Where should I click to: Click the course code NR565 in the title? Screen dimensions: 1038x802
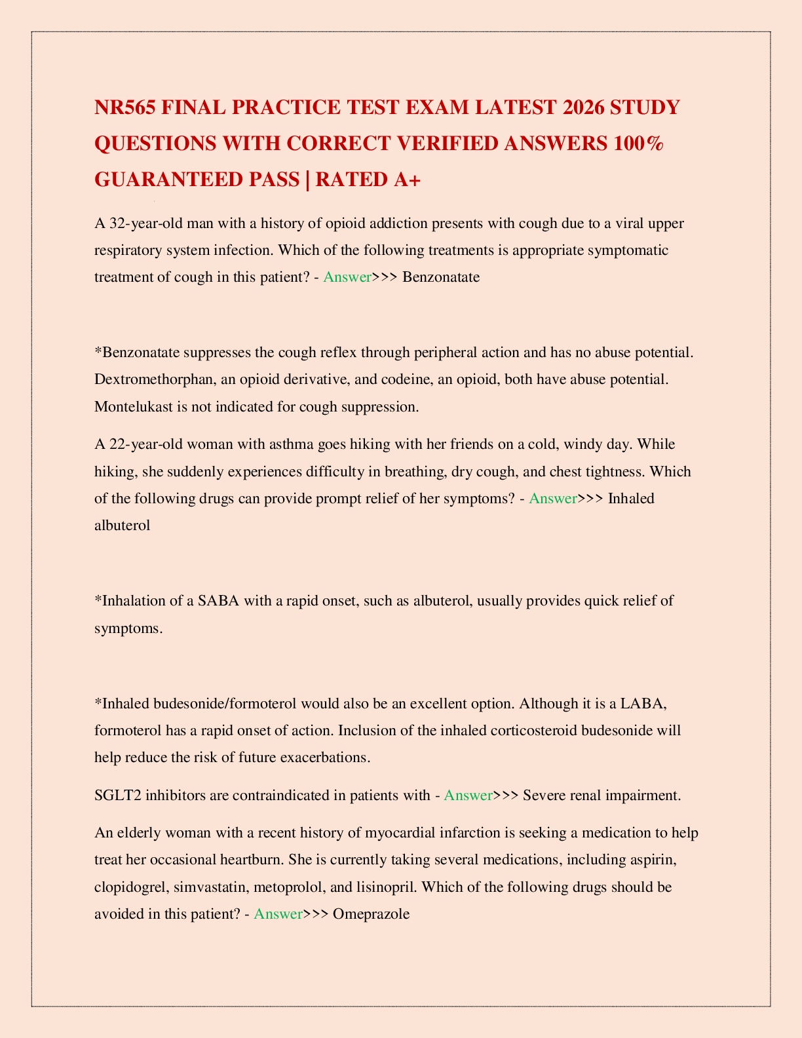(x=124, y=107)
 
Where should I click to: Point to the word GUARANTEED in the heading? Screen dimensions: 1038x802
(x=197, y=179)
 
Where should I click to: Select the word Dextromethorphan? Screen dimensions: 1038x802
(x=155, y=379)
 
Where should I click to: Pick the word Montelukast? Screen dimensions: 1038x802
(x=134, y=406)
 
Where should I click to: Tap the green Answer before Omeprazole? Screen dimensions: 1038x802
(x=278, y=913)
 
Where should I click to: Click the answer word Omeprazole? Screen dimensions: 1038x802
(x=371, y=913)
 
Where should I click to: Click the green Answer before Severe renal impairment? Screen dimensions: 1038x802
(x=468, y=796)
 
